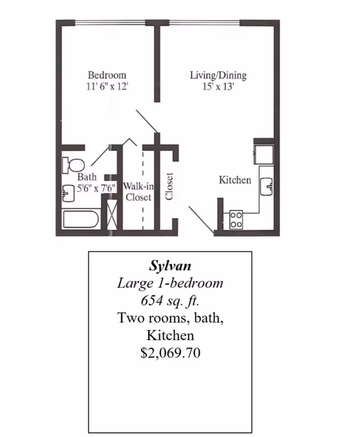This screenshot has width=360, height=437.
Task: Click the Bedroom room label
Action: [x=107, y=75]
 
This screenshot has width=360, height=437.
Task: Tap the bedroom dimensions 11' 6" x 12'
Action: [x=107, y=87]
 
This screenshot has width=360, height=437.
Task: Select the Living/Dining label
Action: [x=218, y=75]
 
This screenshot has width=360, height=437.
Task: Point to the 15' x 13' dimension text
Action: [x=218, y=87]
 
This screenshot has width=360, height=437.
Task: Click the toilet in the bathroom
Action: [x=73, y=165]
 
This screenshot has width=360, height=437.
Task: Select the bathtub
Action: [x=81, y=219]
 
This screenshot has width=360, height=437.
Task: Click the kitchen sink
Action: [x=267, y=187]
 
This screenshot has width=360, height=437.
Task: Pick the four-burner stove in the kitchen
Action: [x=236, y=220]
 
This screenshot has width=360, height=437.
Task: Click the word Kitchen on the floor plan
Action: [x=235, y=180]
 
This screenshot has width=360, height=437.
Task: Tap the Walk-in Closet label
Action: [x=138, y=191]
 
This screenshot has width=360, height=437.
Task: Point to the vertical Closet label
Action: [x=169, y=186]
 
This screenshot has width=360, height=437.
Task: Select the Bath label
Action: [x=87, y=177]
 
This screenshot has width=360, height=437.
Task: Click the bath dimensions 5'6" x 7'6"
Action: [x=96, y=188]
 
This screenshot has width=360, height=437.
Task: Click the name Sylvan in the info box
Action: [x=170, y=265]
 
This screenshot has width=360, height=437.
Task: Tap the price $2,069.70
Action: [x=170, y=353]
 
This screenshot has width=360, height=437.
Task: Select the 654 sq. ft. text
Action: [x=170, y=300]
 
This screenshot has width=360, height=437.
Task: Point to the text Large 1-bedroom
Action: [x=170, y=283]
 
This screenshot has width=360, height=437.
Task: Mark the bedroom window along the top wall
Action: [x=110, y=23]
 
